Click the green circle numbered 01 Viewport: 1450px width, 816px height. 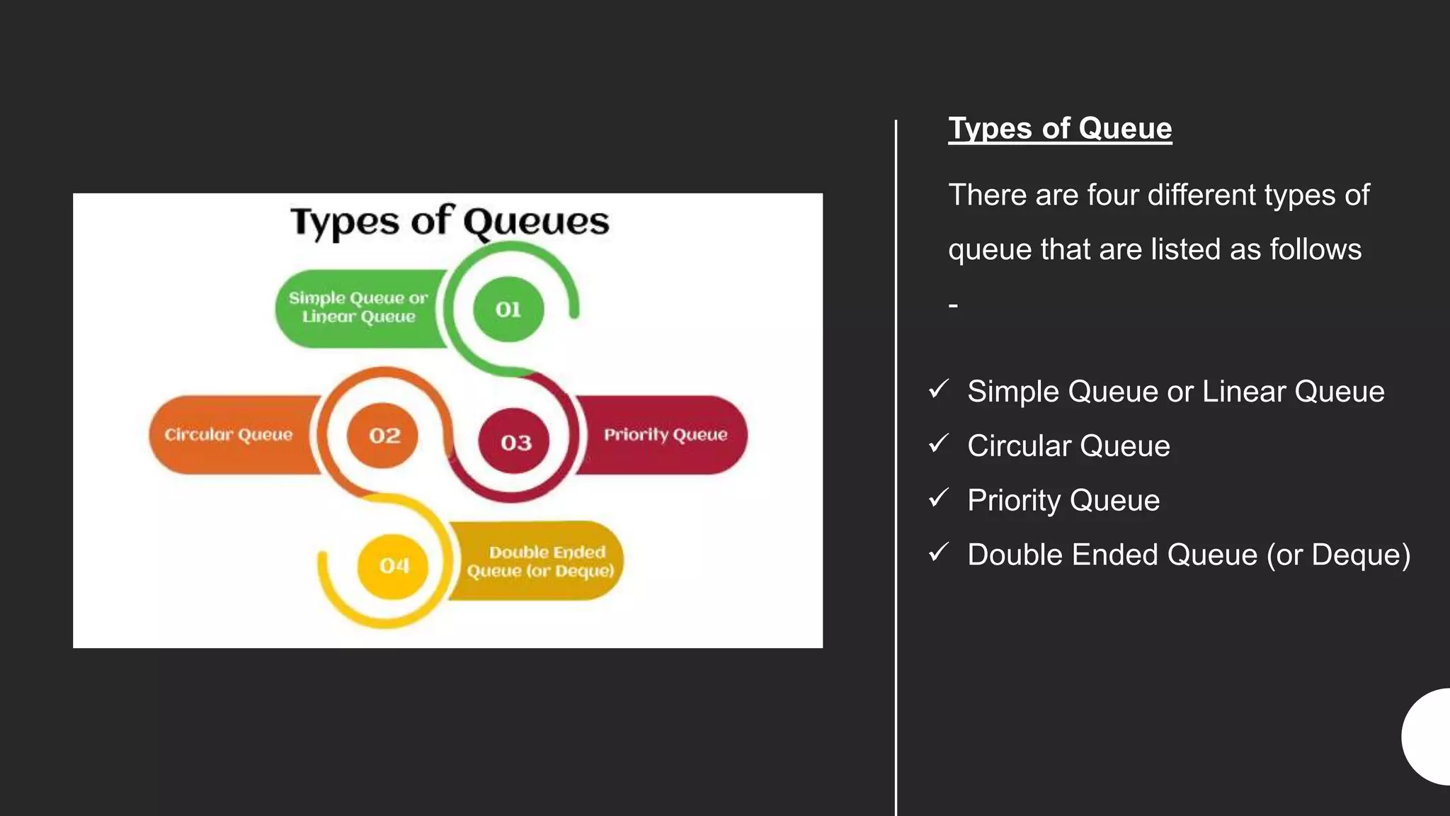(x=508, y=310)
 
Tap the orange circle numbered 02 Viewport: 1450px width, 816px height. (x=383, y=435)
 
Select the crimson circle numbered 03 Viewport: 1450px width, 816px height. (x=515, y=442)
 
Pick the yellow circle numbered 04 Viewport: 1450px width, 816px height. (x=394, y=565)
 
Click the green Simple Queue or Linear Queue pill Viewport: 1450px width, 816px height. (x=358, y=308)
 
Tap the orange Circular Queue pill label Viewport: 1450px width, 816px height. (x=228, y=434)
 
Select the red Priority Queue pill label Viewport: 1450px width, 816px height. (x=665, y=434)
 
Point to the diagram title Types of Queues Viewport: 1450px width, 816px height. (x=450, y=222)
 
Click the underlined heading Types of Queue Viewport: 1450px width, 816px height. (x=1060, y=129)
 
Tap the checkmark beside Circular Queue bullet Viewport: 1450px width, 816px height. (x=938, y=444)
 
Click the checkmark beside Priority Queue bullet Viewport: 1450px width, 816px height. (x=938, y=499)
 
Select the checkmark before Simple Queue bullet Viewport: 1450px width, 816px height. (x=938, y=389)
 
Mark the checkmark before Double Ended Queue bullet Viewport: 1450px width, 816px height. (x=938, y=552)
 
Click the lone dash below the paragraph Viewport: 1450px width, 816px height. (x=953, y=305)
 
